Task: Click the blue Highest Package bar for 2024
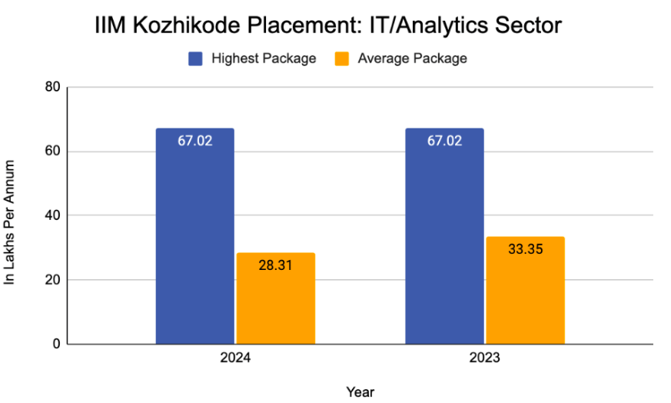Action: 195,246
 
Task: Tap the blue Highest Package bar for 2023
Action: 444,246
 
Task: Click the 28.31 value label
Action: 275,265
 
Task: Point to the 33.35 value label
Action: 525,249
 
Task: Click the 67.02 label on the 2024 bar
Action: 195,141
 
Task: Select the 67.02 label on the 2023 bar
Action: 444,141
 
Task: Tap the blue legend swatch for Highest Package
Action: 196,58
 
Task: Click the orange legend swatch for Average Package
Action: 342,58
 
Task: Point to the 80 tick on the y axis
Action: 52,87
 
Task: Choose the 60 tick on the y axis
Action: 52,152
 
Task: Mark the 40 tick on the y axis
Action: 52,215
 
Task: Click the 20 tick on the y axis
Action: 52,280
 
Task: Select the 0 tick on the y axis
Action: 56,344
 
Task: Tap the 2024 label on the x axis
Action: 235,358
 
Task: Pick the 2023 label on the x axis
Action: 485,358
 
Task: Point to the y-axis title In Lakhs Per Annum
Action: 11,223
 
